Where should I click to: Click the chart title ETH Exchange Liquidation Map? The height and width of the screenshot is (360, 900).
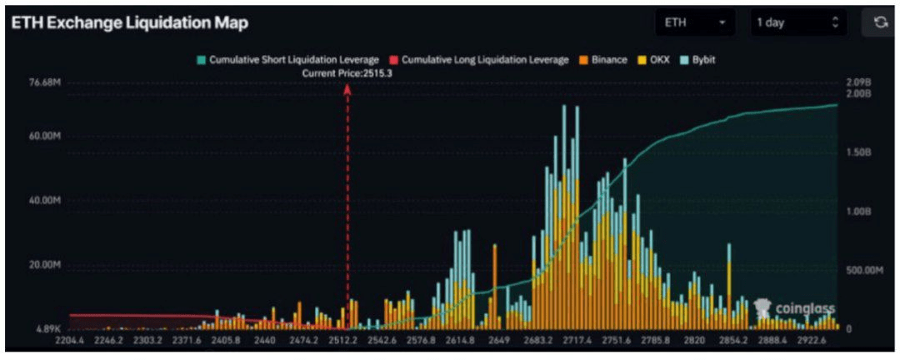(x=129, y=23)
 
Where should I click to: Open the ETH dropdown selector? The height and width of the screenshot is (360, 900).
(x=694, y=23)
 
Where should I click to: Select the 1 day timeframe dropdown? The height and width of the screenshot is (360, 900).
(x=797, y=23)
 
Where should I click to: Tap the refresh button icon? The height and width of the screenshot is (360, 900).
(x=880, y=23)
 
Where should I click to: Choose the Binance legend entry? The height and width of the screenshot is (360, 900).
(x=602, y=60)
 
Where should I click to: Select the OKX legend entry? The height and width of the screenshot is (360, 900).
(x=655, y=60)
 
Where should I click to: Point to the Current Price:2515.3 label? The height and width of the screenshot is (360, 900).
(x=347, y=73)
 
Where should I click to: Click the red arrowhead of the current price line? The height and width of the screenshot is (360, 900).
(x=347, y=88)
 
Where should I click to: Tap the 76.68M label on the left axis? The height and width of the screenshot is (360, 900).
(x=47, y=83)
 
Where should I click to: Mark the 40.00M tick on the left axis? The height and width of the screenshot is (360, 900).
(x=47, y=201)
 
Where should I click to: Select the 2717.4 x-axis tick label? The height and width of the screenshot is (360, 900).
(x=577, y=341)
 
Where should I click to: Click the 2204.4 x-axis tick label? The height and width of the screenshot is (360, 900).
(x=71, y=341)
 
